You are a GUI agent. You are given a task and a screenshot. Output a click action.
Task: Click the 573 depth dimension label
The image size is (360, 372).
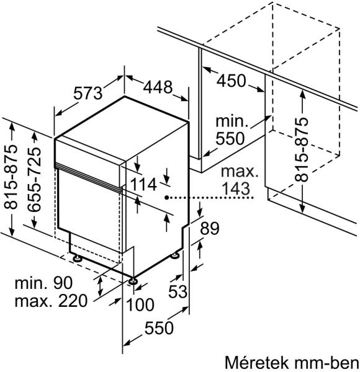click(88, 93)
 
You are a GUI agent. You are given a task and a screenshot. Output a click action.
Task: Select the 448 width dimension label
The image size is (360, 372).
click(158, 87)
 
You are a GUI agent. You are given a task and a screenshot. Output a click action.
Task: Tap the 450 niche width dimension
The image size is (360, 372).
click(231, 81)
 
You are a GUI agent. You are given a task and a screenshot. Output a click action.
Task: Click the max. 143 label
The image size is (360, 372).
click(239, 180)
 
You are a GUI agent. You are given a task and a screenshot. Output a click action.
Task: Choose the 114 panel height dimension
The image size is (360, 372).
click(143, 184)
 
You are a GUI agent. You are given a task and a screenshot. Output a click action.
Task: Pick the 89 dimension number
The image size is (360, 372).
click(210, 228)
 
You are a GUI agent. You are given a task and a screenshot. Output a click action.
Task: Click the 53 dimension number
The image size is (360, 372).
click(178, 291)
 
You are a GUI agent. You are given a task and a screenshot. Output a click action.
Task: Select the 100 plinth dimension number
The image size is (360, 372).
click(140, 304)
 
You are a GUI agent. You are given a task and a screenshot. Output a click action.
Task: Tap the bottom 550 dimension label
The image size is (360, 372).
click(159, 327)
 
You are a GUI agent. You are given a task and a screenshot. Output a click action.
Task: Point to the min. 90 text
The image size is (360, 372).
click(43, 283)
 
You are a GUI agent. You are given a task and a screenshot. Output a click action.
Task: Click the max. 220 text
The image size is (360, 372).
click(51, 301)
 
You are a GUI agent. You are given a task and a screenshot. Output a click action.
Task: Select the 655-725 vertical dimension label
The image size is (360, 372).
click(34, 180)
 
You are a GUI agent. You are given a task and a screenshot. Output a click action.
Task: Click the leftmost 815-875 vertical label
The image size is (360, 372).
click(11, 177)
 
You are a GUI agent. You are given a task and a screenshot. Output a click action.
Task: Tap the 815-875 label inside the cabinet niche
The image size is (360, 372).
click(302, 149)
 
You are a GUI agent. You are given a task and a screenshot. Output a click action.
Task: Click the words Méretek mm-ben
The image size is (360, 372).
click(292, 362)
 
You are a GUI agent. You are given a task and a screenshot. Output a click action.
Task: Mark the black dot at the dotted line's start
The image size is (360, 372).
click(167, 197)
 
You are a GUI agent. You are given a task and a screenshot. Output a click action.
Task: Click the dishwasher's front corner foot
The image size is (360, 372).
click(133, 281)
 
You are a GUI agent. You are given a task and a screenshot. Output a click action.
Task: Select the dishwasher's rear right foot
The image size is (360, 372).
click(176, 255)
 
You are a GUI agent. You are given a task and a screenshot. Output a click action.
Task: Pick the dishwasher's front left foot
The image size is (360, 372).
click(77, 258)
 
